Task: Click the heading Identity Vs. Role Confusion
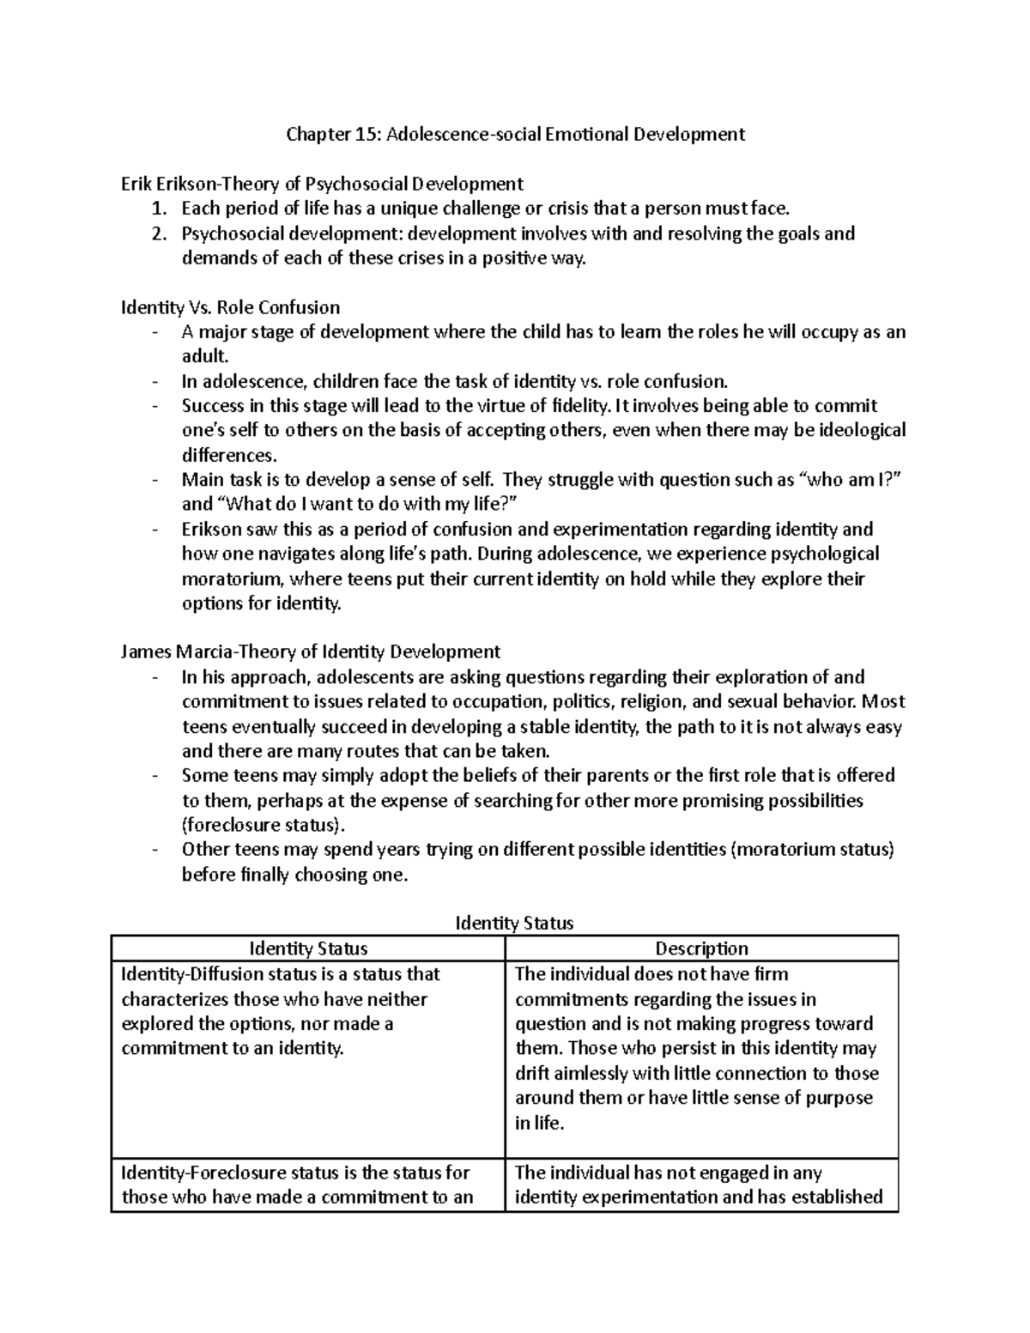tap(230, 307)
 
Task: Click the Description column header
tap(701, 948)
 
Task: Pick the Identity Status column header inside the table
tap(308, 948)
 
